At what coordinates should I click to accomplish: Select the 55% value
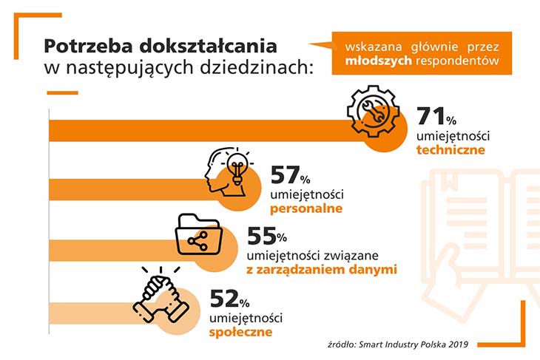point(265,237)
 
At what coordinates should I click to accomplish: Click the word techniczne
point(450,150)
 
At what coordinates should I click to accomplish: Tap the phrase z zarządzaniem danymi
point(322,270)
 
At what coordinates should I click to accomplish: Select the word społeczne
point(241,332)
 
